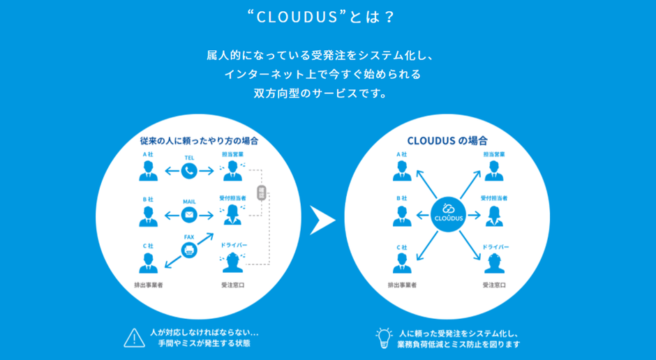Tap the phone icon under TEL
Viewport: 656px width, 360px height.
189,170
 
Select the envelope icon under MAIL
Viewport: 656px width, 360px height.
189,214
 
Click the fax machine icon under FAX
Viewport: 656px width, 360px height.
189,250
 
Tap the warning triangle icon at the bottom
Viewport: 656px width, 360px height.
134,337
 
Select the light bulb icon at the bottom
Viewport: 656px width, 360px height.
384,337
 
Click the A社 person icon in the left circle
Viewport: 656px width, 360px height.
148,170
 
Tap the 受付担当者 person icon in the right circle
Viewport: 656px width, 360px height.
494,216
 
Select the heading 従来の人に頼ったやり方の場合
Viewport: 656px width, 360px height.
199,140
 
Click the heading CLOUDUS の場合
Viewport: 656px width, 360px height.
447,140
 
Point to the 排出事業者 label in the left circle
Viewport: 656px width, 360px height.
149,285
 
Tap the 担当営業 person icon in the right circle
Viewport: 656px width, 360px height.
494,170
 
